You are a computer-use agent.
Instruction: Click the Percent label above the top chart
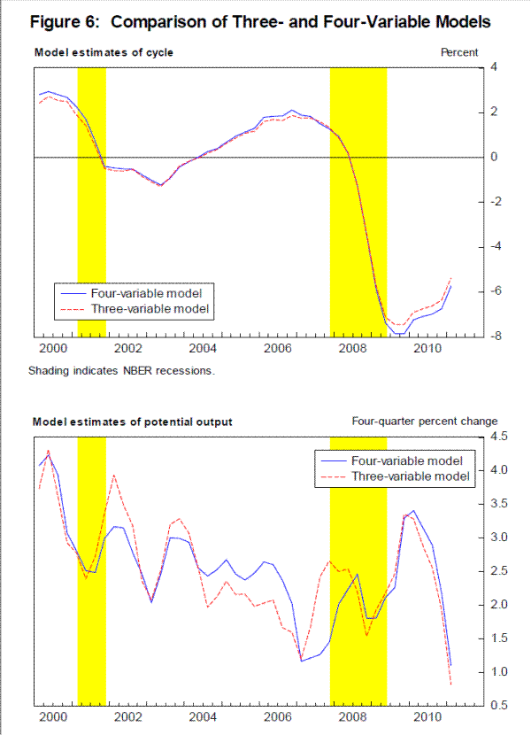coord(459,53)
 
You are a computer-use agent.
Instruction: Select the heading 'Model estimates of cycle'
coord(104,53)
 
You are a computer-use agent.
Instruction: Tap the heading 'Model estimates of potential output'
coord(133,422)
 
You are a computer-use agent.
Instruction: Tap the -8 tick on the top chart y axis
coord(494,337)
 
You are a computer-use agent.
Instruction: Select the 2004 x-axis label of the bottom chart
coord(203,717)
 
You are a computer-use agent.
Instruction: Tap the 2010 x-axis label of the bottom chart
coord(428,717)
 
